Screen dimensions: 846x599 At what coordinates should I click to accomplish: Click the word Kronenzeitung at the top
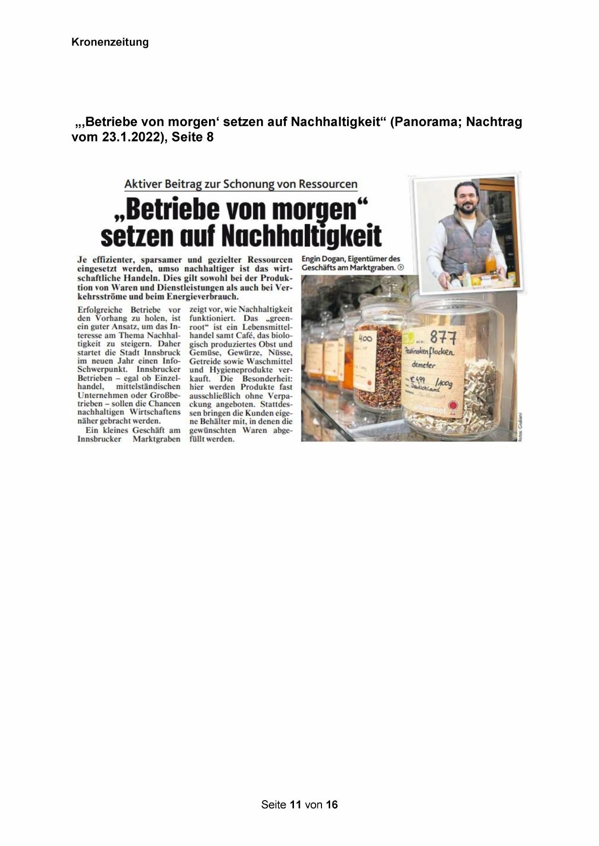tap(110, 42)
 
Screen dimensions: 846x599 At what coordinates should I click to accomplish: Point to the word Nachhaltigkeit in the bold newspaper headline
tap(301, 235)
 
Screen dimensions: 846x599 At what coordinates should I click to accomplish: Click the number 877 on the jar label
tap(443, 336)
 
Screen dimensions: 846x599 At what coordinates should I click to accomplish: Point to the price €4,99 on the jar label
tap(418, 380)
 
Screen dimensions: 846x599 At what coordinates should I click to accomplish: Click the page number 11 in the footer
tap(296, 805)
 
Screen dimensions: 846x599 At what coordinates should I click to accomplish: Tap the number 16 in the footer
tap(332, 805)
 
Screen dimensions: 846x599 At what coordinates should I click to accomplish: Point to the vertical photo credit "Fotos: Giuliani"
tap(520, 426)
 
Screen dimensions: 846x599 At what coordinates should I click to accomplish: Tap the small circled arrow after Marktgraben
tap(400, 268)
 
